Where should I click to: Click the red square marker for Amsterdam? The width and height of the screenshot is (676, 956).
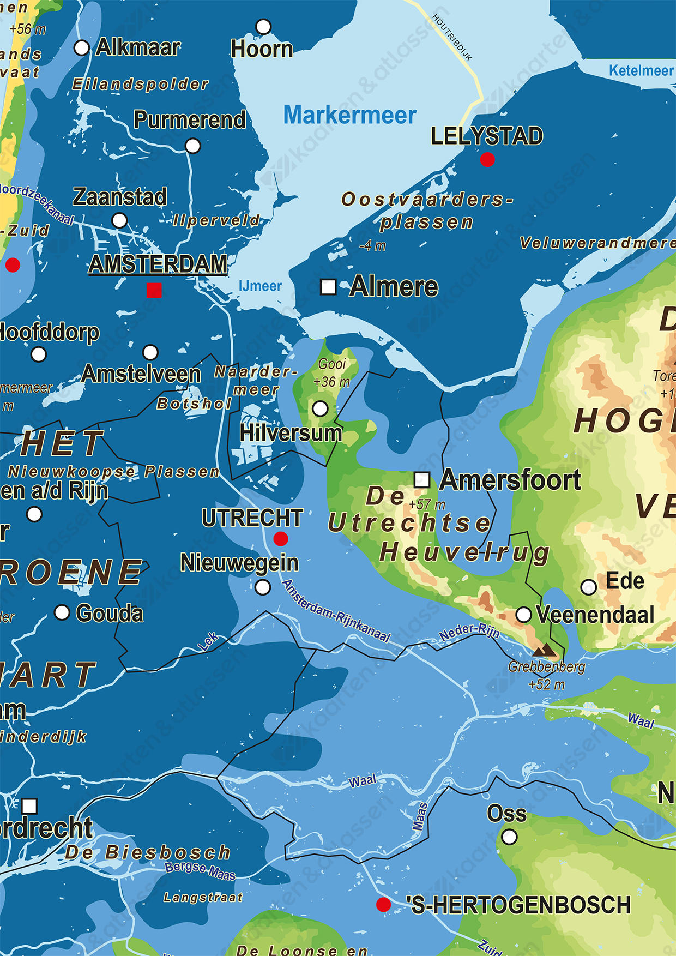pyautogui.click(x=154, y=290)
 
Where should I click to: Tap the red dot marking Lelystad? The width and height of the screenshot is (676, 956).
pyautogui.click(x=487, y=159)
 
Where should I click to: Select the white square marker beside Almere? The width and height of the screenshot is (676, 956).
pyautogui.click(x=328, y=287)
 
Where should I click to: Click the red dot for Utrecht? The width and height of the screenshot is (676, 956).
pyautogui.click(x=281, y=539)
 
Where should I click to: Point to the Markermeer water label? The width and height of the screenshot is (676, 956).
pyautogui.click(x=349, y=116)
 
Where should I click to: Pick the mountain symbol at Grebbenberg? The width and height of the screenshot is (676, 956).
pyautogui.click(x=545, y=650)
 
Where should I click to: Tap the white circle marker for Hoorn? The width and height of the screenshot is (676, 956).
pyautogui.click(x=263, y=26)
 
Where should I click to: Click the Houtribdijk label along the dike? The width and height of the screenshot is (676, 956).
pyautogui.click(x=452, y=37)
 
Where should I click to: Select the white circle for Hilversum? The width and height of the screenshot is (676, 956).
pyautogui.click(x=321, y=408)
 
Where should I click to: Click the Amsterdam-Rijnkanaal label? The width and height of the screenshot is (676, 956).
pyautogui.click(x=336, y=611)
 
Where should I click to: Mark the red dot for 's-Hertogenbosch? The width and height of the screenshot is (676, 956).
pyautogui.click(x=384, y=905)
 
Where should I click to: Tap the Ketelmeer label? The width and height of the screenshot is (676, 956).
pyautogui.click(x=641, y=70)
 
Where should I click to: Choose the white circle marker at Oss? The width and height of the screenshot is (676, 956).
pyautogui.click(x=509, y=837)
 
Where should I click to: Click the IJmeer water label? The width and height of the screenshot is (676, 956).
pyautogui.click(x=260, y=286)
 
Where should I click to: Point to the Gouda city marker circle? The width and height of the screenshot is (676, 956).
pyautogui.click(x=62, y=612)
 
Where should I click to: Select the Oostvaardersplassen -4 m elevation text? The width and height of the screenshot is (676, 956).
pyautogui.click(x=372, y=246)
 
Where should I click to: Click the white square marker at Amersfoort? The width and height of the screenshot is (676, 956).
pyautogui.click(x=421, y=480)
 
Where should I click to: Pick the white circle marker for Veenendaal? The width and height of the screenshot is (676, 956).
pyautogui.click(x=523, y=615)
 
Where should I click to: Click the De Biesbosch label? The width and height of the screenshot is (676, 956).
pyautogui.click(x=148, y=852)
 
